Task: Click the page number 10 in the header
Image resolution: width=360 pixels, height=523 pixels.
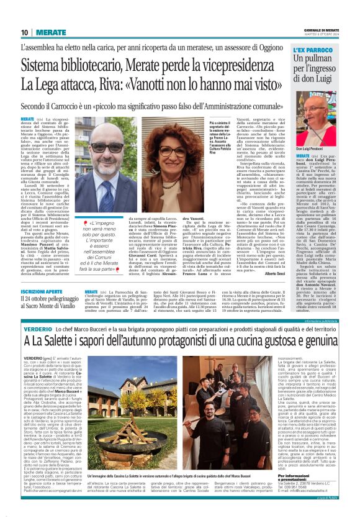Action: tap(25, 32)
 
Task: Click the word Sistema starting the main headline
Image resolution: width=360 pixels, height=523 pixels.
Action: tap(45, 65)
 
